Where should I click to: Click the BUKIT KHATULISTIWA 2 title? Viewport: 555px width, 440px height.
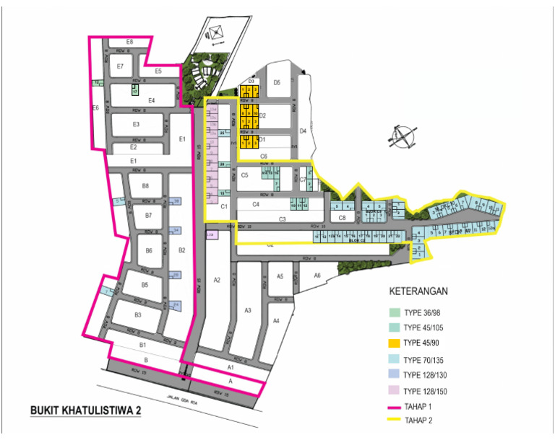pos(85,410)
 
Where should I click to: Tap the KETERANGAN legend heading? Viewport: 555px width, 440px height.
pos(419,292)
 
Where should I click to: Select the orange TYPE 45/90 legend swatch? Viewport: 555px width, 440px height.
pos(395,342)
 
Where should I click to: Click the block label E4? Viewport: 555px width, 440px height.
pos(152,100)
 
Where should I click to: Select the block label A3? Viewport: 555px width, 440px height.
pos(247,310)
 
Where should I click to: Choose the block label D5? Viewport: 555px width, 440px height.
pos(276,82)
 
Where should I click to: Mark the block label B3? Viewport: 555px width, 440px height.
pos(138,315)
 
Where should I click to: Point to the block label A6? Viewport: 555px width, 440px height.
pos(317,276)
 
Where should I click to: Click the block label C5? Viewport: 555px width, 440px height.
pos(245,175)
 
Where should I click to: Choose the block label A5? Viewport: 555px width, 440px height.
pos(280,276)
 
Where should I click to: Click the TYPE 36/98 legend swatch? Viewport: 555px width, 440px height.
pos(395,313)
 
